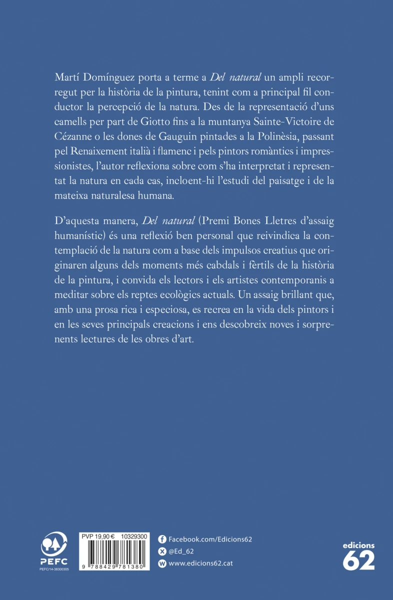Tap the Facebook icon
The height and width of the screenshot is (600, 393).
[x=162, y=539]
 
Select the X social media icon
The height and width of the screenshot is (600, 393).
[x=162, y=551]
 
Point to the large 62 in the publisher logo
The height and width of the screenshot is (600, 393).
[x=359, y=560]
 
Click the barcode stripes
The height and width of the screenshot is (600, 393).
[x=114, y=550]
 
